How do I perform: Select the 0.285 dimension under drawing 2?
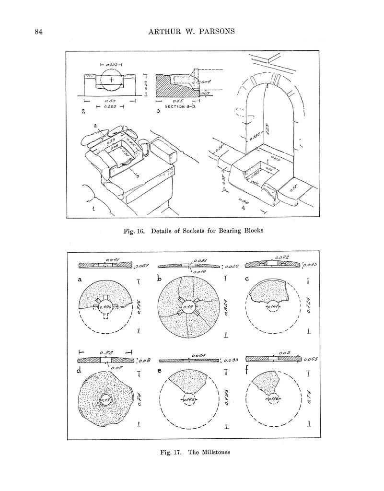[x=110, y=107]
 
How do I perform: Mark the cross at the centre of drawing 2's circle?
[x=112, y=80]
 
